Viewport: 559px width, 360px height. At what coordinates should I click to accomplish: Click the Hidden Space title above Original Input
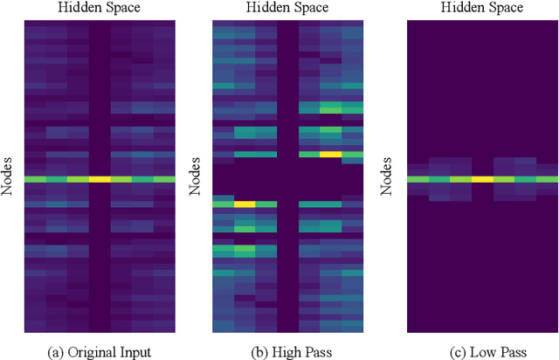tap(100, 8)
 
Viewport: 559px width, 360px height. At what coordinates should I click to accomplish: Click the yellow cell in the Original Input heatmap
tap(100, 179)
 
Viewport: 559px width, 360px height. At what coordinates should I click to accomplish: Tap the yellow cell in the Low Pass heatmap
tap(482, 179)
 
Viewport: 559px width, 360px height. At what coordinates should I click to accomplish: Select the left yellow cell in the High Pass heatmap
tap(245, 204)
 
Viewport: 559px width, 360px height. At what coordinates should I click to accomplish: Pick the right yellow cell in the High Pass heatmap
tap(330, 154)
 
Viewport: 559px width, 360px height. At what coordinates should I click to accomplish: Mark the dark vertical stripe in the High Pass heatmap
tap(287, 105)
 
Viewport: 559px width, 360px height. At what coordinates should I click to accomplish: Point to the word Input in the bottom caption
tap(128, 351)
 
